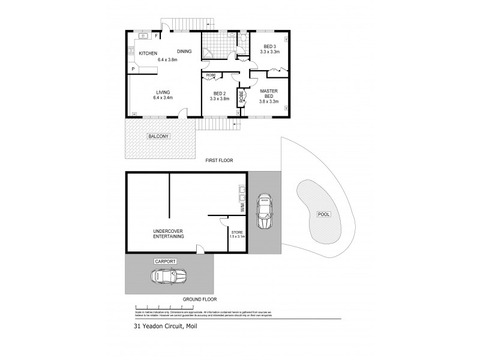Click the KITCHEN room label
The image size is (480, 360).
(x=148, y=54)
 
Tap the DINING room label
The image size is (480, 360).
(x=184, y=52)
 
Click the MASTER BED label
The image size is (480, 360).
(x=268, y=92)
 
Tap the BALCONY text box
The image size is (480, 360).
(x=159, y=136)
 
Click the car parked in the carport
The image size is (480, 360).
(x=168, y=277)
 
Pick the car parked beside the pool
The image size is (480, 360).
(x=263, y=212)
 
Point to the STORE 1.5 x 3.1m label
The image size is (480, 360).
(x=238, y=235)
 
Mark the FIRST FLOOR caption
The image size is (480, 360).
(x=218, y=160)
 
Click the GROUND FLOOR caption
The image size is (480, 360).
(x=201, y=299)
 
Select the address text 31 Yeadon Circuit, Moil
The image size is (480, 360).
(x=165, y=327)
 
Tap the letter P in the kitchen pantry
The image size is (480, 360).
(x=133, y=69)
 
